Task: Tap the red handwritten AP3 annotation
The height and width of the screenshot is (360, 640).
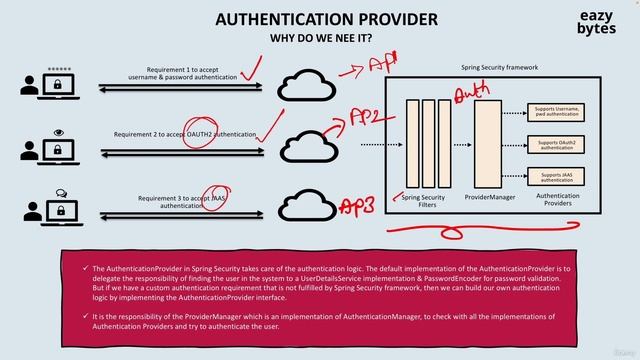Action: pos(358,205)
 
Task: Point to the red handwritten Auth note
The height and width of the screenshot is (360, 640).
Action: pos(472,92)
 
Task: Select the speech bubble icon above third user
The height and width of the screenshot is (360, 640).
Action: pos(60,193)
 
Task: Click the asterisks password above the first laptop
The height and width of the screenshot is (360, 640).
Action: pos(59,70)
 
